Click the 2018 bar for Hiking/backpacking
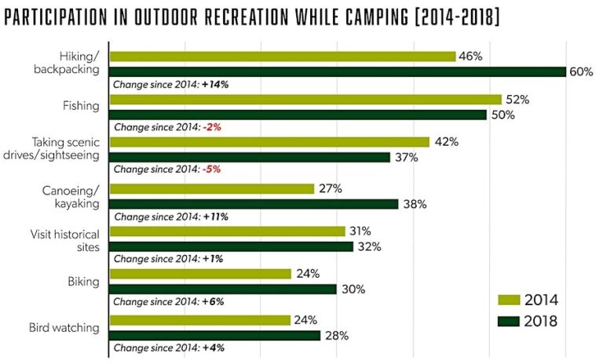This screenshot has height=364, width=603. click(338, 71)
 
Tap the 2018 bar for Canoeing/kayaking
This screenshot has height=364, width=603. click(254, 204)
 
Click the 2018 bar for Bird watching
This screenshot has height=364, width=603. click(214, 336)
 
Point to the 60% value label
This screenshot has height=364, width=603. click(580, 72)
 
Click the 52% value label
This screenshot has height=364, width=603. click(517, 100)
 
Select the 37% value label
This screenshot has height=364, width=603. click(406, 158)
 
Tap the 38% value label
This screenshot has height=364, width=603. click(414, 204)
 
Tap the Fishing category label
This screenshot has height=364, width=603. click(80, 104)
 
